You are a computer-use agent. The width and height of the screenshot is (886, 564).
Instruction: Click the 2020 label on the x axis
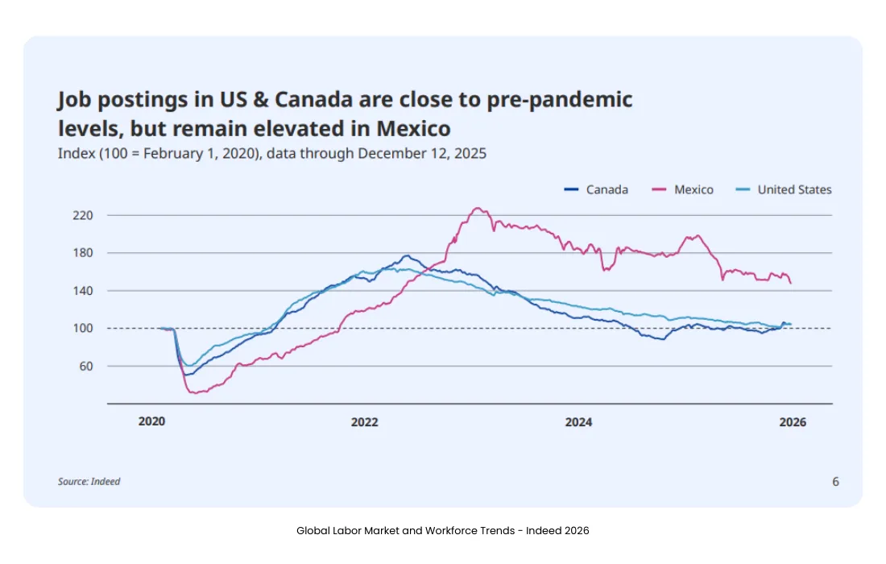pos(151,422)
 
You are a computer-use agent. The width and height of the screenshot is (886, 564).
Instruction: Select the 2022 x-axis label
pos(364,422)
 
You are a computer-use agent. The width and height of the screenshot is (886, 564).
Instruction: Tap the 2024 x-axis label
pos(578,422)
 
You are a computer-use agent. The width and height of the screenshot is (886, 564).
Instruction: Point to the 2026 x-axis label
pos(793,422)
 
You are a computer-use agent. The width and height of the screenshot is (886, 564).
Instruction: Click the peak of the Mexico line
pos(478,208)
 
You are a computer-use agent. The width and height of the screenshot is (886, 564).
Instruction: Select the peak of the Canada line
pos(406,255)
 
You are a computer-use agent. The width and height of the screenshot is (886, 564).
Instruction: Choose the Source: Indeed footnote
pos(89,482)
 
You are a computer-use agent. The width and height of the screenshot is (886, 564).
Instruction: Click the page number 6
pos(835,482)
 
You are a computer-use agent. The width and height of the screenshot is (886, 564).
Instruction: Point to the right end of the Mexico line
pos(791,284)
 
